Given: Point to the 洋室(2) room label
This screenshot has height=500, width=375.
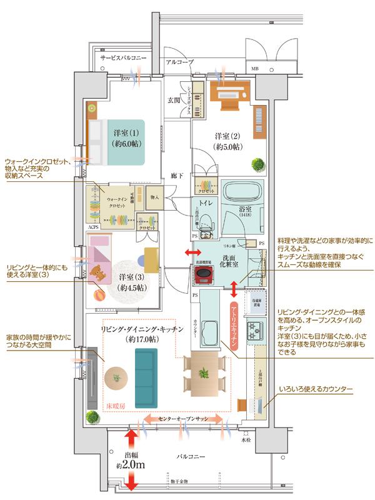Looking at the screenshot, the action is point(227,141).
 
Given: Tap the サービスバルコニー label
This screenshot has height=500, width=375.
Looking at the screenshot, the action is point(124,57).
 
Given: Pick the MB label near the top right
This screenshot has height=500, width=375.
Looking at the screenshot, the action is point(254,67).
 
